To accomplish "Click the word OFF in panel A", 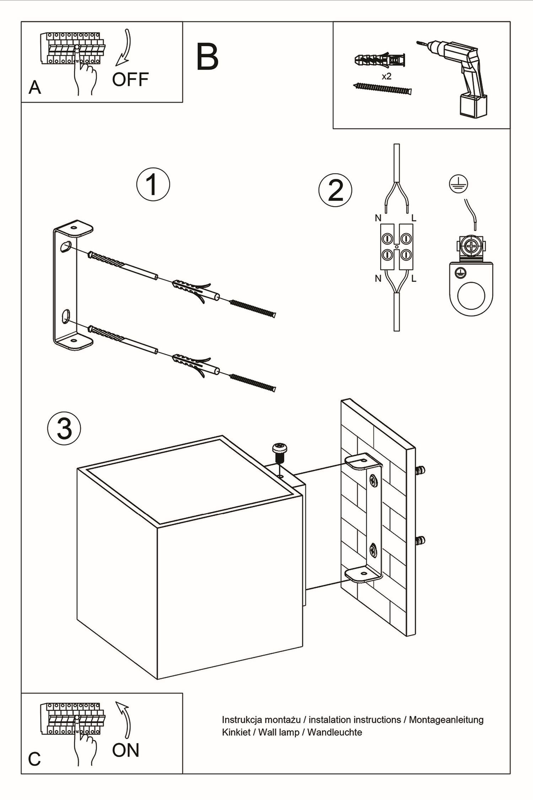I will [130, 80].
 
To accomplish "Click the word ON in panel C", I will [125, 750].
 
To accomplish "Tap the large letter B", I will [207, 57].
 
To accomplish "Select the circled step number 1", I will [153, 185].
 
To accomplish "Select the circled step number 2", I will [335, 190].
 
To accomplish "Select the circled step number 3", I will [64, 428].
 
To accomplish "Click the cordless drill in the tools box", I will [458, 76].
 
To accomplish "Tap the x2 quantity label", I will [387, 76].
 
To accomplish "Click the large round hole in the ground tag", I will [472, 296].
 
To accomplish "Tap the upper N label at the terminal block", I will [378, 218].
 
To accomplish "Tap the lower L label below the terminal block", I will [414, 279].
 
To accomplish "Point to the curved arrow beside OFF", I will [124, 48].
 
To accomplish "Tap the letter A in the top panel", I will [34, 87].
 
